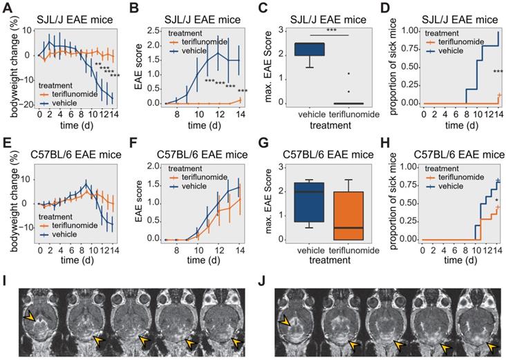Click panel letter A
coord(7,8)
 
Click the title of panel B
coord(196,10)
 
